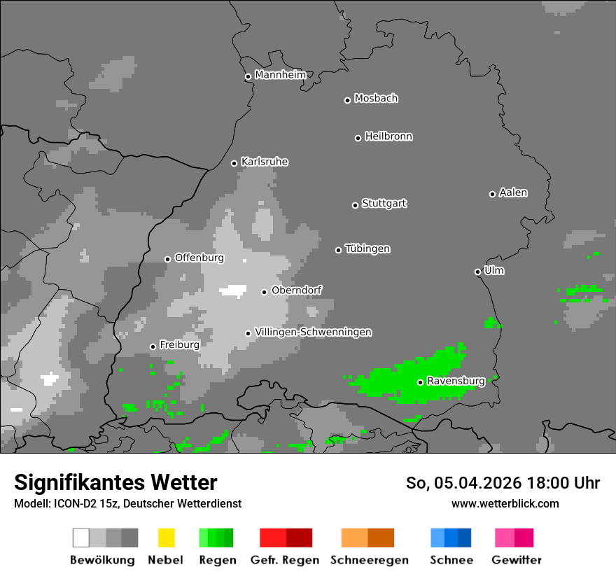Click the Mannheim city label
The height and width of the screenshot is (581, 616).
coord(280,75)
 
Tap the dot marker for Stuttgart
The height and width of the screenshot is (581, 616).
coord(355,205)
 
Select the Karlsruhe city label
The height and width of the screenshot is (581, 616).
coord(264,162)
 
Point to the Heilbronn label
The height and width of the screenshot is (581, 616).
coord(388,136)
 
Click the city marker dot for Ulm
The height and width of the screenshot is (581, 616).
coord(477,272)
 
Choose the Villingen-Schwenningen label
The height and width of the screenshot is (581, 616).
coord(313,332)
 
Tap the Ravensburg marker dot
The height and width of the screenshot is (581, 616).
coord(420,382)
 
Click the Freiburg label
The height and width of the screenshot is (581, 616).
coord(179,345)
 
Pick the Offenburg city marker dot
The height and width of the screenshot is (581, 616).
coord(167,259)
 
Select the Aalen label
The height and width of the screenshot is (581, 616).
coord(513,192)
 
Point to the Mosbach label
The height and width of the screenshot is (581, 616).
coord(376,99)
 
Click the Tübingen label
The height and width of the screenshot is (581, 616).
coord(367,249)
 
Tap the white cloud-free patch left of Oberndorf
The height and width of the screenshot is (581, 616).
coord(233,290)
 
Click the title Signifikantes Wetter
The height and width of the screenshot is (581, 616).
coord(115,482)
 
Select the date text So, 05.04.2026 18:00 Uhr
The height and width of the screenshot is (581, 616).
coord(503,483)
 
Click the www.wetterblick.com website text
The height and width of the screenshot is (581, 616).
coord(505,503)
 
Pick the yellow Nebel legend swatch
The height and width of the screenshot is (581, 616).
coord(166,538)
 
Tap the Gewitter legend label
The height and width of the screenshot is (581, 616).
coord(516,560)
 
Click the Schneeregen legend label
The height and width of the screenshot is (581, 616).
coord(369,560)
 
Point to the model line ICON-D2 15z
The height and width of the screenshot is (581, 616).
coord(127,503)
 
